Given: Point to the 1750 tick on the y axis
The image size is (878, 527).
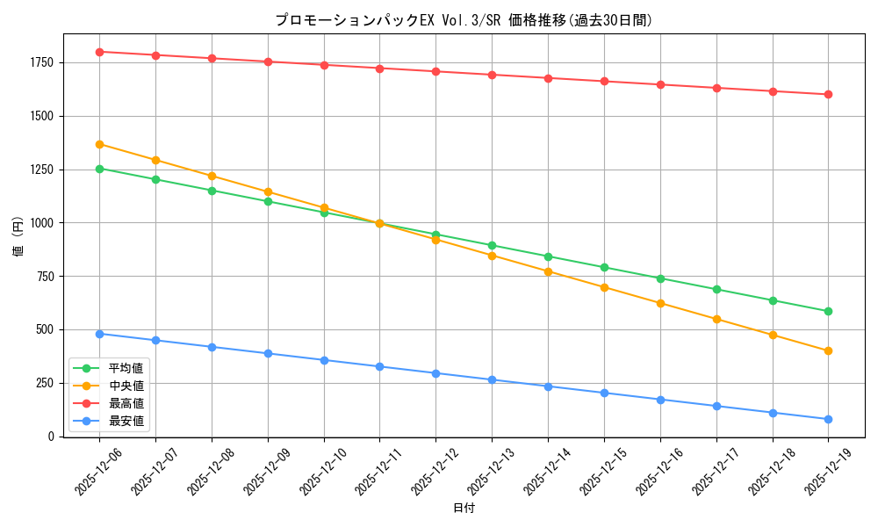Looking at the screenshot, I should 41,62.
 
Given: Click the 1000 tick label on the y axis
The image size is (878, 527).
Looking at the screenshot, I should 41,223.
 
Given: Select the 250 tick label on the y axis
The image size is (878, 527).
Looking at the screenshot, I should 44,383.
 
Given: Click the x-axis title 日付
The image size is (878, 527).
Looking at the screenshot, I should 464,509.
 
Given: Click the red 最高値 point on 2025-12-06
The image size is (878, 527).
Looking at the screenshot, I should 99,52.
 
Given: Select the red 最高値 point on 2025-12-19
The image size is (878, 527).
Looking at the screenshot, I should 828,94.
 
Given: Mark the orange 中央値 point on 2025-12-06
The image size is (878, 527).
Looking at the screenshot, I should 99,144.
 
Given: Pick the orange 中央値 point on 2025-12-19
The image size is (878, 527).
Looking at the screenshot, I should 828,351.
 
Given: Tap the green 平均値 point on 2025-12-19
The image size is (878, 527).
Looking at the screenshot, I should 828,311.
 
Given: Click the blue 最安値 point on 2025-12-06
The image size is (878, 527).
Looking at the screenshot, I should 99,334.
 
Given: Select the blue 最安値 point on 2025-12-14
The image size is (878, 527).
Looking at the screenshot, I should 548,386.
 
